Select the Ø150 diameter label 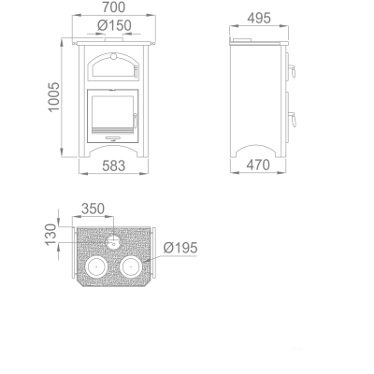[x=112, y=25]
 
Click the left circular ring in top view [x=95, y=266]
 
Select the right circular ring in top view [x=131, y=266]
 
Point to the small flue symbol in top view [x=113, y=241]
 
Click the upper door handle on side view [x=291, y=70]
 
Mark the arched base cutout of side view [x=256, y=151]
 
